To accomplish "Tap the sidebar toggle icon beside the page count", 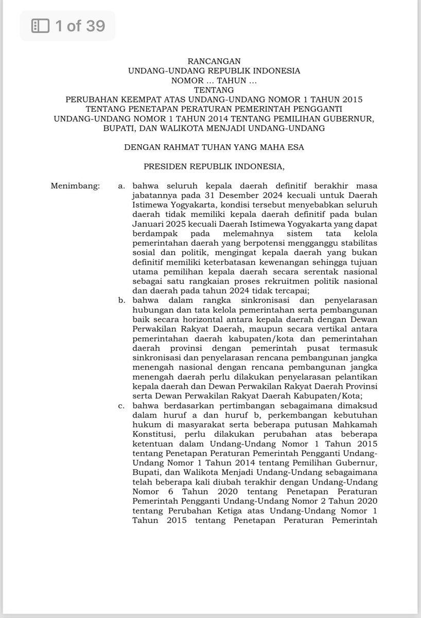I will pos(40,26).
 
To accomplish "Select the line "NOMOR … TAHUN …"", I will pos(214,80).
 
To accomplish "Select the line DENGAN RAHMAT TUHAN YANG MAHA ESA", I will pos(214,147).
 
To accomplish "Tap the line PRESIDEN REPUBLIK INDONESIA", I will pos(214,166).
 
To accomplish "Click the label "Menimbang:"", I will pos(75,185).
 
